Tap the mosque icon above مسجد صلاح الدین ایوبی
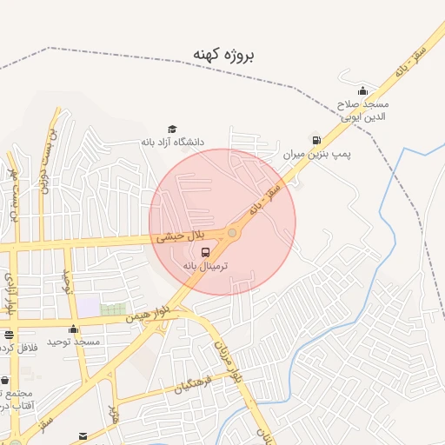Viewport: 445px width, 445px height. click(362, 91)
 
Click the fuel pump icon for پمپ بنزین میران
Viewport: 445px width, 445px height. click(315, 140)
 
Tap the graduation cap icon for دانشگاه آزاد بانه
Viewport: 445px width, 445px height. click(172, 130)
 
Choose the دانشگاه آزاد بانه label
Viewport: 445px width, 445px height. click(172, 142)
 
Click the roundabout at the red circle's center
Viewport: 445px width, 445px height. click(232, 233)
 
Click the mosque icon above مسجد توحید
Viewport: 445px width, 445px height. click(74, 329)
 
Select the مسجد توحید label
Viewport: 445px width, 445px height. click(75, 342)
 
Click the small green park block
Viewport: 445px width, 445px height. click(112, 309)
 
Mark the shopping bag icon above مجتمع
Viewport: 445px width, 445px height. click(5, 381)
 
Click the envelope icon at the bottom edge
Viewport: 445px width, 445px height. click(83, 435)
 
